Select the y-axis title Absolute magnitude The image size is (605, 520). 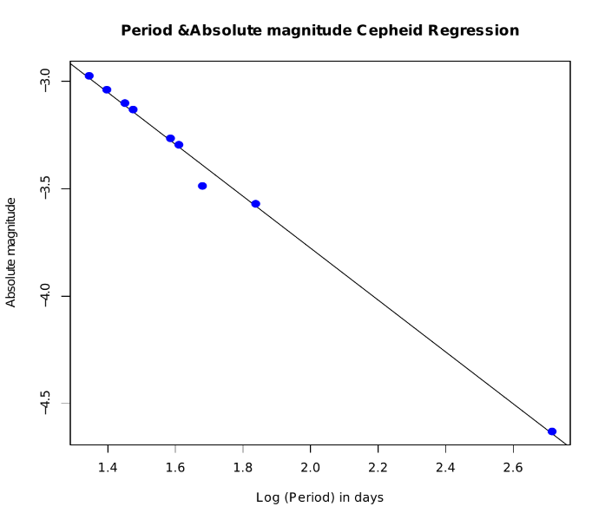coord(11,253)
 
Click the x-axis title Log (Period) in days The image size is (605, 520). coord(319,497)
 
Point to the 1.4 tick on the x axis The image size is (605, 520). coord(108,468)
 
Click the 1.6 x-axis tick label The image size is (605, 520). coord(175,468)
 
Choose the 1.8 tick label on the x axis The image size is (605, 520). coord(243,468)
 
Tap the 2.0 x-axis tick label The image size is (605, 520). coord(311,468)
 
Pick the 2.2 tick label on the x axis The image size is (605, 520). coord(378,468)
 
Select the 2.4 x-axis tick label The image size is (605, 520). coord(446,468)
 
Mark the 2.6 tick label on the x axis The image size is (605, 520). coord(514,468)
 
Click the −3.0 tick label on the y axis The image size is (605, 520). coord(45,82)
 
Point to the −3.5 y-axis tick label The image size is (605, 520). coord(45,189)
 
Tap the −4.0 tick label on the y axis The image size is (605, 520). coord(45,296)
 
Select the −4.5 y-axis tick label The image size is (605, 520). coord(45,404)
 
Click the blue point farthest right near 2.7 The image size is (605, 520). coord(552,431)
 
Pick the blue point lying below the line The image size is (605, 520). coord(202,186)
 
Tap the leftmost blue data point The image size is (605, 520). coord(89,76)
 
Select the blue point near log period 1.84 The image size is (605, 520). coord(256,204)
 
